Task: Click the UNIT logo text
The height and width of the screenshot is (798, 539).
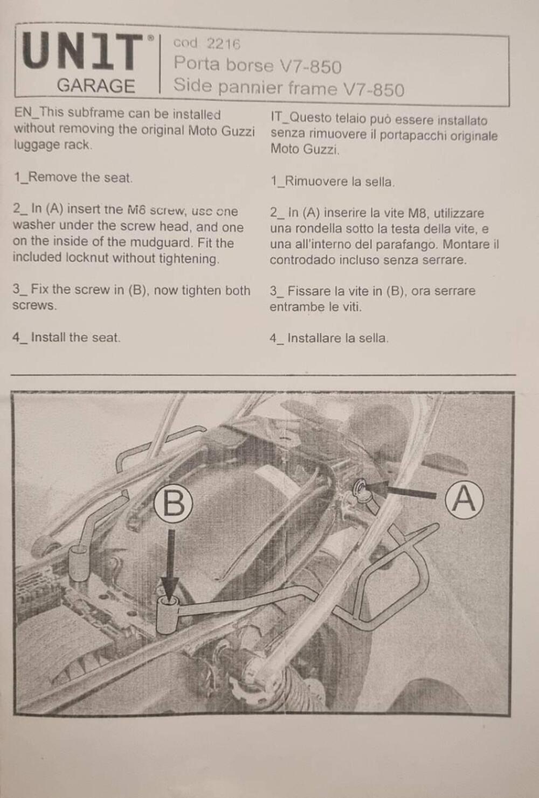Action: click(x=84, y=52)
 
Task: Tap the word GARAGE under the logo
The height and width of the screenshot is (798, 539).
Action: click(x=95, y=86)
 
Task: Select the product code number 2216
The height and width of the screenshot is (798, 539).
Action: click(x=223, y=44)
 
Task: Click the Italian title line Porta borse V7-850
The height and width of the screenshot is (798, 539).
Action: click(x=257, y=66)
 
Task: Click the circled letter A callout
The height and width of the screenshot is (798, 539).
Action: click(x=464, y=499)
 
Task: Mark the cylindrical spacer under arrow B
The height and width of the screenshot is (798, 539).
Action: click(x=169, y=614)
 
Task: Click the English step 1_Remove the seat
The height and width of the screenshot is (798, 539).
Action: click(x=73, y=178)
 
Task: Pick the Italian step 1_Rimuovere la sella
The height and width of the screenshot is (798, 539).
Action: click(x=333, y=181)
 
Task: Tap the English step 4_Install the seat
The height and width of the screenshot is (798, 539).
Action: click(x=66, y=338)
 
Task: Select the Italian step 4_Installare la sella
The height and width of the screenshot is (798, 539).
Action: click(x=329, y=339)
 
